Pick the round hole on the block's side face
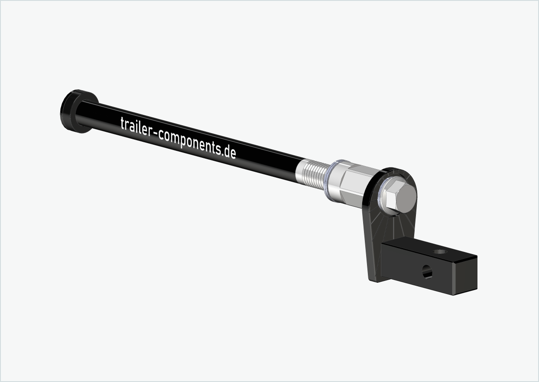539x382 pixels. pyautogui.click(x=427, y=272)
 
